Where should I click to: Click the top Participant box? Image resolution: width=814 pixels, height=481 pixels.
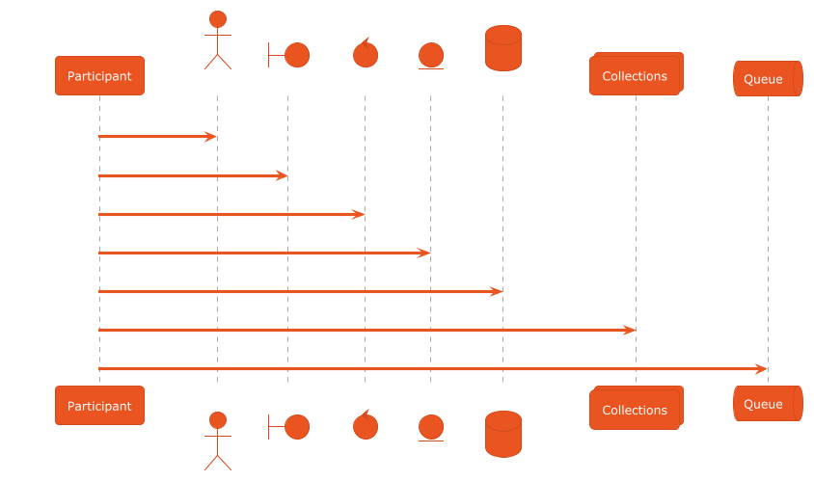[99, 76]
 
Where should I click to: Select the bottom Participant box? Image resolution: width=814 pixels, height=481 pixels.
[99, 405]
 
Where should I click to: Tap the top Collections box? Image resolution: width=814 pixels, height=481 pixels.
[636, 73]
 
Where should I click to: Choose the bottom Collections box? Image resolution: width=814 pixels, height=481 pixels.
[636, 408]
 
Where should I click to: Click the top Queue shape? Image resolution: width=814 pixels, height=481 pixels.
[768, 78]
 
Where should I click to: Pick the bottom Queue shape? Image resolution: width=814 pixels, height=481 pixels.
[768, 403]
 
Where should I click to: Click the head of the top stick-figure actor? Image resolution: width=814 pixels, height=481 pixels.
[218, 19]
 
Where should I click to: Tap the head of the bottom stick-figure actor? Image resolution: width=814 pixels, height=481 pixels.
[218, 420]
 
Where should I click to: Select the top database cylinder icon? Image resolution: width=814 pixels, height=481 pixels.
[503, 48]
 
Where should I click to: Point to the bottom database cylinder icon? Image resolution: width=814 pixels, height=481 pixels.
[503, 435]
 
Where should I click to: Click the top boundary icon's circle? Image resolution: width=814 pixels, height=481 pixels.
[297, 55]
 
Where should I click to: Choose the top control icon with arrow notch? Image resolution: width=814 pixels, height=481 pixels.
[366, 53]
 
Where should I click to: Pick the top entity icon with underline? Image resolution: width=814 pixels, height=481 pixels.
[431, 56]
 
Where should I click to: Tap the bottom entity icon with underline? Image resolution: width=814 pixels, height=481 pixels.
[431, 428]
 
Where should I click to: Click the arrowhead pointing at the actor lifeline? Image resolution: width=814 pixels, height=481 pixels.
[210, 137]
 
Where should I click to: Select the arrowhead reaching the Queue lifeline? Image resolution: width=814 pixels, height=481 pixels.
[761, 369]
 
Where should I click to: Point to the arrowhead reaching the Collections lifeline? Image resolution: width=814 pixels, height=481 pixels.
[629, 330]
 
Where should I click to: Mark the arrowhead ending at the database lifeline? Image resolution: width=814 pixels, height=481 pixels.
[496, 292]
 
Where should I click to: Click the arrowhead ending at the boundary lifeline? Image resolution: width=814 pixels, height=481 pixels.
[281, 175]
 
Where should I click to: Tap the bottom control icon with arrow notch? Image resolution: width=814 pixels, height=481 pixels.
[366, 424]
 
